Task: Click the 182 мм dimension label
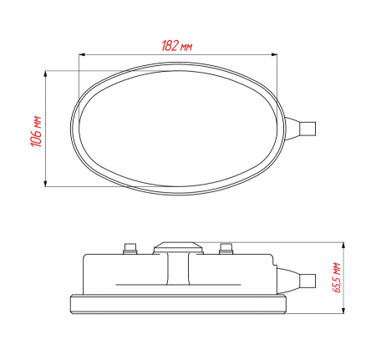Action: (x=177, y=46)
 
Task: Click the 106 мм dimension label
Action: (x=36, y=131)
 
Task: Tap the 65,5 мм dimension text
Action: (x=337, y=277)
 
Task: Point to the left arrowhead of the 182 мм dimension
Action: (x=82, y=55)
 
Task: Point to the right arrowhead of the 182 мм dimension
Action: (x=274, y=55)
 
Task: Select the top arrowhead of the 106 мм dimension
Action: (x=45, y=74)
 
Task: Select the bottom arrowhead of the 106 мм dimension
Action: (x=45, y=183)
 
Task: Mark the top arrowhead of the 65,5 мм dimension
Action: (x=343, y=246)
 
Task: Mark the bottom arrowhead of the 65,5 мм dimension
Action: (x=343, y=311)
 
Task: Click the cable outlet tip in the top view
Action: (x=307, y=129)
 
